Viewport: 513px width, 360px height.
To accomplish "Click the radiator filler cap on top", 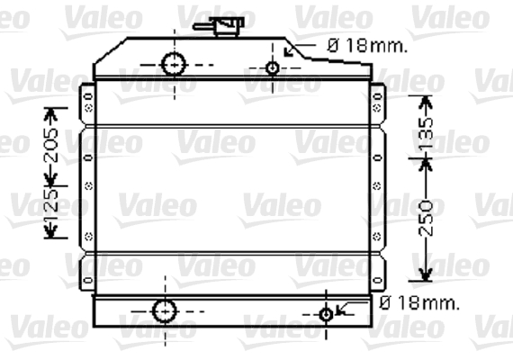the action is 229,27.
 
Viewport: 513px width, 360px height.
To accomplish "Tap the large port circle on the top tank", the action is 174,65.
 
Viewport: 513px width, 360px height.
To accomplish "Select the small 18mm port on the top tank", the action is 273,68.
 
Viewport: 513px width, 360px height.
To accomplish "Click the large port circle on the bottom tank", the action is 165,310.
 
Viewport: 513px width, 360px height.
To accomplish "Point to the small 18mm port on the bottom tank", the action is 326,314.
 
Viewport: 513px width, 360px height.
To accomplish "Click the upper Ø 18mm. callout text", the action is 368,46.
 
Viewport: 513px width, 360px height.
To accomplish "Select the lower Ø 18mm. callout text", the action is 419,303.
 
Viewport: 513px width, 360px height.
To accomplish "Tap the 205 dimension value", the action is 51,146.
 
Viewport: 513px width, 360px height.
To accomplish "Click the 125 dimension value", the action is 51,203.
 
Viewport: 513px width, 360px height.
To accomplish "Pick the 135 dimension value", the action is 426,133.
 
